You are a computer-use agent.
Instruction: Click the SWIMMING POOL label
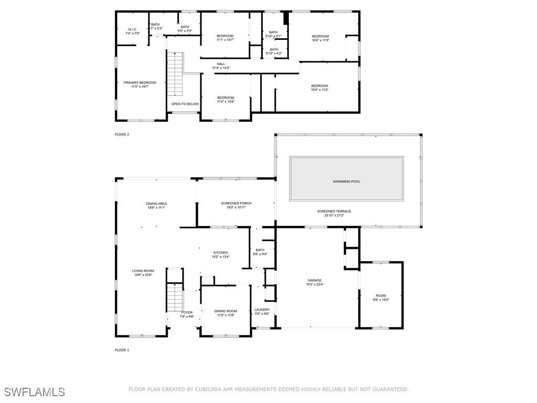tap(346, 181)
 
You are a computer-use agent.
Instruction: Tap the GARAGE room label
tap(315, 280)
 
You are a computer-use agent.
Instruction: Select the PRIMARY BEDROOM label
tap(139, 82)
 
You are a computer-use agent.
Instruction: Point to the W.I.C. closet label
tap(133, 29)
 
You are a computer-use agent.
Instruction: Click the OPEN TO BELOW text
tap(185, 104)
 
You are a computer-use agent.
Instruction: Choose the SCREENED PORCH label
tap(237, 203)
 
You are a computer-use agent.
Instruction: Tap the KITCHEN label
tap(221, 252)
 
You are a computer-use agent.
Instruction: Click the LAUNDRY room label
tap(262, 310)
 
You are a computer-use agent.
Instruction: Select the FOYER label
tap(187, 313)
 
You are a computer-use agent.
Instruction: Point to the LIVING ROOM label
tap(143, 271)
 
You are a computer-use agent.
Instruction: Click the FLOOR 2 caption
tap(122, 134)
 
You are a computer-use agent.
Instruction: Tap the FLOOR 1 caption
tap(122, 350)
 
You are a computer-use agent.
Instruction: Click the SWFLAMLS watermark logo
tap(34, 391)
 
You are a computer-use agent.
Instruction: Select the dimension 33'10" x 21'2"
tap(334, 216)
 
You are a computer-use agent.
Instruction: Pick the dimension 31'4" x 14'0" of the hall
tap(221, 68)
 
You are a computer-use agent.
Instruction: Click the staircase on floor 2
tap(175, 75)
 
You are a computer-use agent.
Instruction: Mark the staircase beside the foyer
tap(175, 297)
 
